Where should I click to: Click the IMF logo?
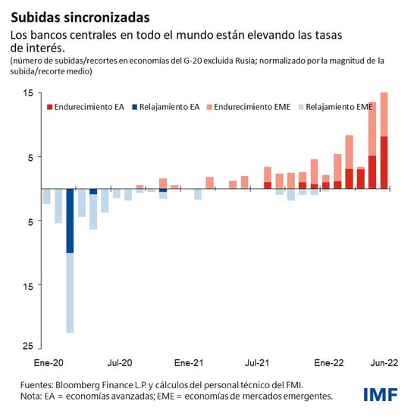pos(384,394)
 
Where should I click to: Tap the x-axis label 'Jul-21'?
pos(259,362)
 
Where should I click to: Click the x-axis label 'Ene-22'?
pos(328,362)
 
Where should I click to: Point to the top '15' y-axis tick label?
pos(27,93)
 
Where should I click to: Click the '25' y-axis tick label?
pos(27,346)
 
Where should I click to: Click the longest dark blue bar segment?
pos(70,220)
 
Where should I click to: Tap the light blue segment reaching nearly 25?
pos(70,292)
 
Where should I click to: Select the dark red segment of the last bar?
pos(384,162)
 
